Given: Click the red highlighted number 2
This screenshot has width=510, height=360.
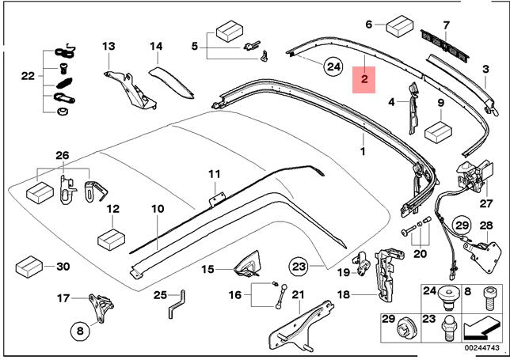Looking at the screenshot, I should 364,80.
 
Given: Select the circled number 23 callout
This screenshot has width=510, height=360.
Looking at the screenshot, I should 298,267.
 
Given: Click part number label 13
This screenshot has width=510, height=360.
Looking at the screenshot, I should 108,46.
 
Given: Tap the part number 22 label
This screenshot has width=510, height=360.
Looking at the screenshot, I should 29,77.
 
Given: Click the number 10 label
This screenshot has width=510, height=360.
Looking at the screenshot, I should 158,209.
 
